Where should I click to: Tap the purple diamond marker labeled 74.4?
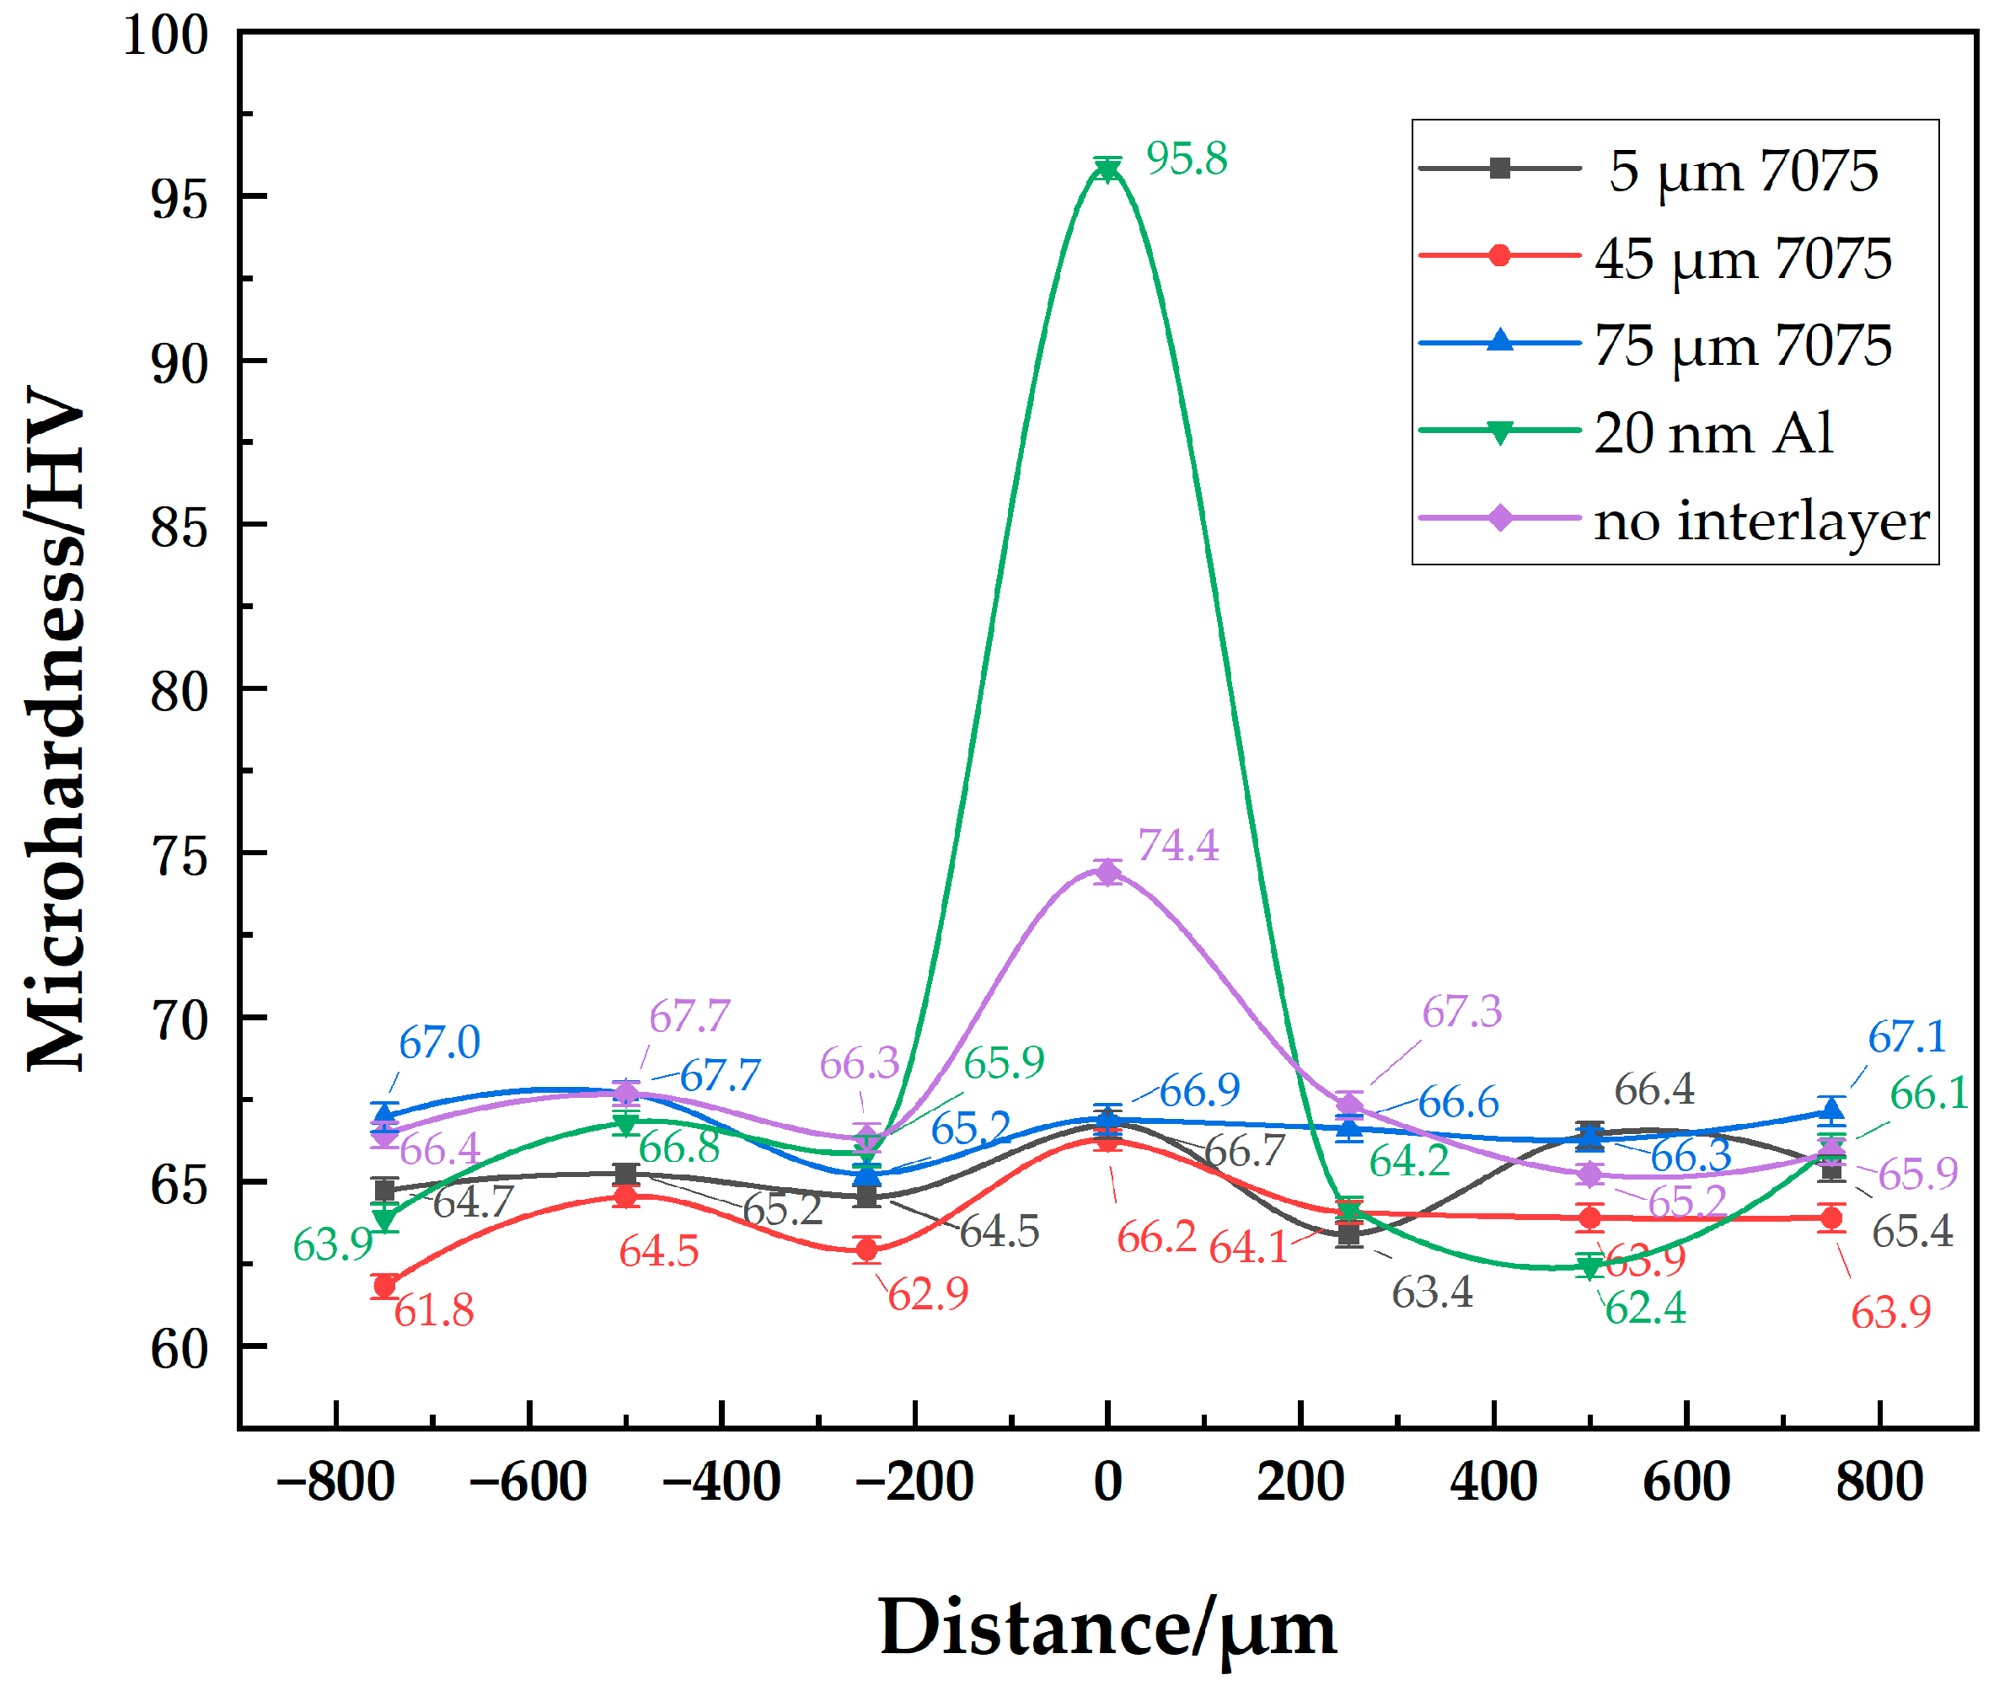tap(1108, 871)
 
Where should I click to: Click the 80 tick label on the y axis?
tap(180, 691)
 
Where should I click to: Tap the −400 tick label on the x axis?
tap(721, 1481)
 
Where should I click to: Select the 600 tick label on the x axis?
tap(1686, 1481)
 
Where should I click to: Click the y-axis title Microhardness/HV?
tap(56, 729)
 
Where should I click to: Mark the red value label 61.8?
tap(433, 1310)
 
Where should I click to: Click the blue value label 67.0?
tap(439, 1042)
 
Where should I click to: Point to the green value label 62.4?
tap(1645, 1308)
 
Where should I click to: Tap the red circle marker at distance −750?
tap(384, 1286)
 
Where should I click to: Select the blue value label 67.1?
tap(1906, 1036)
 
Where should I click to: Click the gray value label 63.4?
tap(1431, 1293)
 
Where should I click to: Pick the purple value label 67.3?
tap(1461, 1011)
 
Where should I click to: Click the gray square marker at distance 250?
tap(1348, 1234)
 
